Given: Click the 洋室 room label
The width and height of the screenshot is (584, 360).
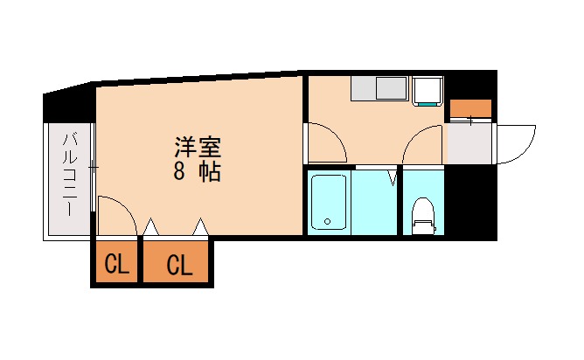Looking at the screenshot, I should (x=197, y=144).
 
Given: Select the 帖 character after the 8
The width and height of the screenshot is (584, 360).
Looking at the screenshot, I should (x=209, y=171).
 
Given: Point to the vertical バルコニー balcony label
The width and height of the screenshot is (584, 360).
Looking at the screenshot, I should (x=69, y=175).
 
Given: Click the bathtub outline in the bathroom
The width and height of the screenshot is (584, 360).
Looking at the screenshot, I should (x=330, y=202).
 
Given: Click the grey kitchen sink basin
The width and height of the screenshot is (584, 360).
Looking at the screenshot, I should (x=391, y=89).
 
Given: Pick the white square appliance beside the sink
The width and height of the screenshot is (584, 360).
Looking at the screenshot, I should (x=428, y=90).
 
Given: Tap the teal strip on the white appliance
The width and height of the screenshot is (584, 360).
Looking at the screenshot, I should (x=428, y=104).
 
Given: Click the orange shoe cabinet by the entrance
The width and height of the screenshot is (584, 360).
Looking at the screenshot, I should (x=470, y=109).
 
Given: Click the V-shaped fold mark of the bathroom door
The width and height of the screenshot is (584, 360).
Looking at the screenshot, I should (x=393, y=179).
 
